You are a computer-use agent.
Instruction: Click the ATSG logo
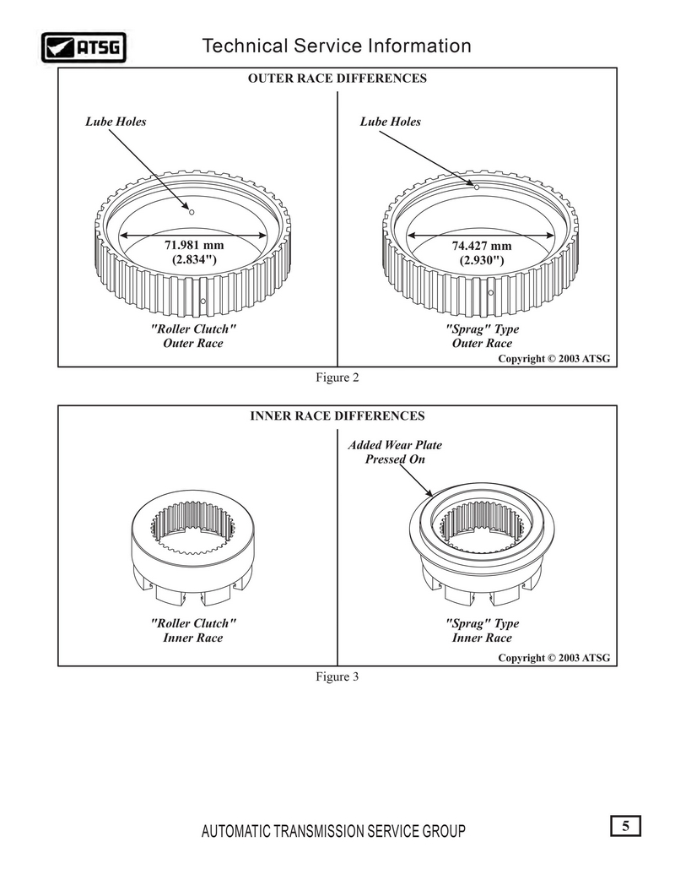pyautogui.click(x=84, y=47)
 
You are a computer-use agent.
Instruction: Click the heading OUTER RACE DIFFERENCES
pyautogui.click(x=337, y=79)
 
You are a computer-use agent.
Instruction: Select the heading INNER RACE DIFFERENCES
pyautogui.click(x=337, y=415)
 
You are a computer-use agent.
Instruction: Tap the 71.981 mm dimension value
pyautogui.click(x=194, y=245)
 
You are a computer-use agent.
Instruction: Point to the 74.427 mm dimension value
pyautogui.click(x=482, y=246)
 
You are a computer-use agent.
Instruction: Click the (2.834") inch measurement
pyautogui.click(x=194, y=259)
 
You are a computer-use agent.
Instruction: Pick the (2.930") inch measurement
pyautogui.click(x=482, y=260)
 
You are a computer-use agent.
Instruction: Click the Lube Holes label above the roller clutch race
pyautogui.click(x=116, y=122)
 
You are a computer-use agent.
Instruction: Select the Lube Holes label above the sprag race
pyautogui.click(x=391, y=122)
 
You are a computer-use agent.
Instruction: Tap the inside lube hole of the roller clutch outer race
pyautogui.click(x=192, y=212)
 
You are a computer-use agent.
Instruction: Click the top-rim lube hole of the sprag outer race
pyautogui.click(x=477, y=187)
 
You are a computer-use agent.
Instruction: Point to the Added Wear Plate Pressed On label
pyautogui.click(x=395, y=452)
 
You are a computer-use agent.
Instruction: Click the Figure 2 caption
pyautogui.click(x=337, y=377)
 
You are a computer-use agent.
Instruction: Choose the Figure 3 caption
pyautogui.click(x=337, y=676)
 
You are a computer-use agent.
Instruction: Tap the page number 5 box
pyautogui.click(x=626, y=826)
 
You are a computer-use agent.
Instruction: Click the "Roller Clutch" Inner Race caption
pyautogui.click(x=193, y=630)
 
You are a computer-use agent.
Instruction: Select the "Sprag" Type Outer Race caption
pyautogui.click(x=482, y=336)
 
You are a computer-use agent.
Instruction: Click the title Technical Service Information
pyautogui.click(x=337, y=46)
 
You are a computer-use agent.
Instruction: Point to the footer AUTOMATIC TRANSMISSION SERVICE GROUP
pyautogui.click(x=333, y=831)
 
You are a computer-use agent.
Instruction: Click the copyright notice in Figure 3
pyautogui.click(x=553, y=658)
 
